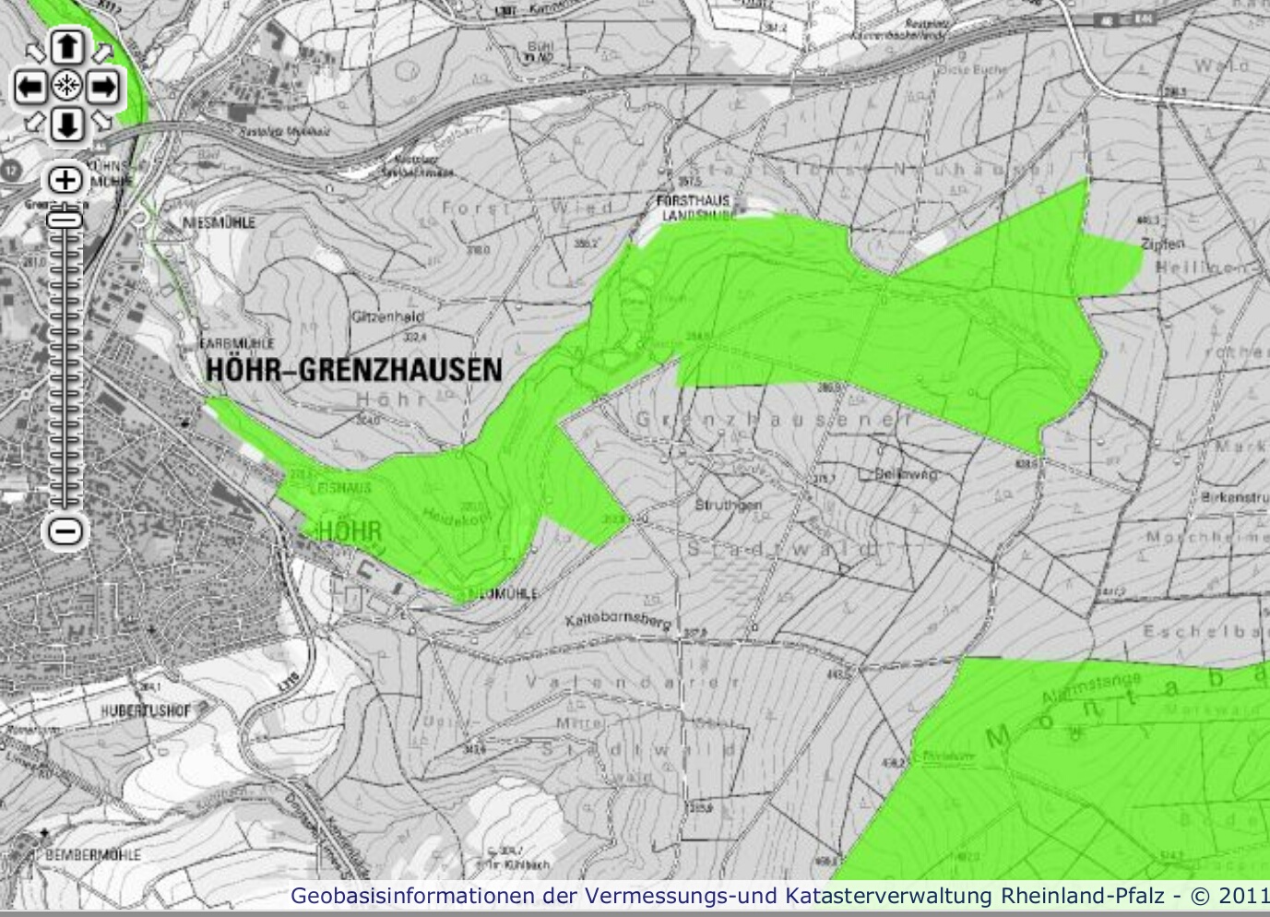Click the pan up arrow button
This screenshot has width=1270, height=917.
[x=66, y=47]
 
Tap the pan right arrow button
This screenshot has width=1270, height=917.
[x=104, y=88]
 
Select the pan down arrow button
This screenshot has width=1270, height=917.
[x=66, y=125]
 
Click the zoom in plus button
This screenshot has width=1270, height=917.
[x=65, y=179]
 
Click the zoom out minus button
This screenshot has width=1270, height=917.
[x=65, y=530]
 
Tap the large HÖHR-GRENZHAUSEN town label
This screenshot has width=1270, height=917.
[x=354, y=371]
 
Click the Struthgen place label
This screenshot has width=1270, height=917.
[x=736, y=506]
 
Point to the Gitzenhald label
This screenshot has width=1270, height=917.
[x=386, y=316]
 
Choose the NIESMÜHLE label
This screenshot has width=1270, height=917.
[x=220, y=222]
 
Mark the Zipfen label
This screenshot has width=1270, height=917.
[x=1161, y=244]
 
